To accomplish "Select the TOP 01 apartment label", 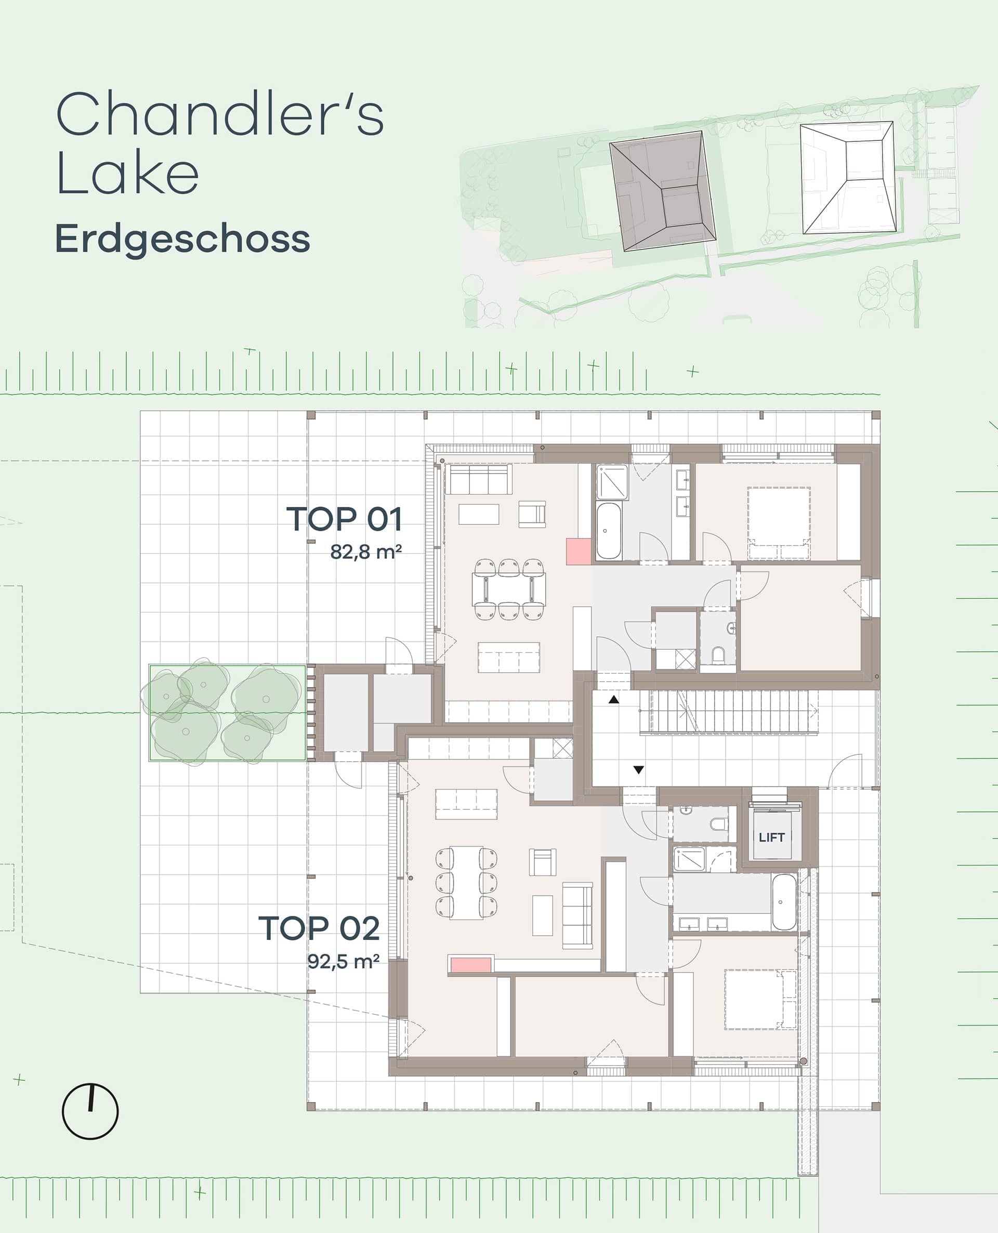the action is pos(344,519).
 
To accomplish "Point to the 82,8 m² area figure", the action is pos(365,552).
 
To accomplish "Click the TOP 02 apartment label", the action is pos(319,928).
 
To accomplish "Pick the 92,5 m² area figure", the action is pos(343,961).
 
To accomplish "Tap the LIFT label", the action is pos(771,837).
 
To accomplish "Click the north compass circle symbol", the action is pos(90,1111).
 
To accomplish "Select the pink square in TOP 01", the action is pos(579,551).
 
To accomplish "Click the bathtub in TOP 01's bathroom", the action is pos(608,531).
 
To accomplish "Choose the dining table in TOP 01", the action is pos(509,588).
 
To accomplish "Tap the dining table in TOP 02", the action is pos(466,883).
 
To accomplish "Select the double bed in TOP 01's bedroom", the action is pos(779,523).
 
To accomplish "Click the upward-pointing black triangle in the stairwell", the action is pos(614,700).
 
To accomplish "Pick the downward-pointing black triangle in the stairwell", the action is pos(639,770).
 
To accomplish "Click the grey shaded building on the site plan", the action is pos(663,191).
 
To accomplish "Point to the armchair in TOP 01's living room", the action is pos(532,514).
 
